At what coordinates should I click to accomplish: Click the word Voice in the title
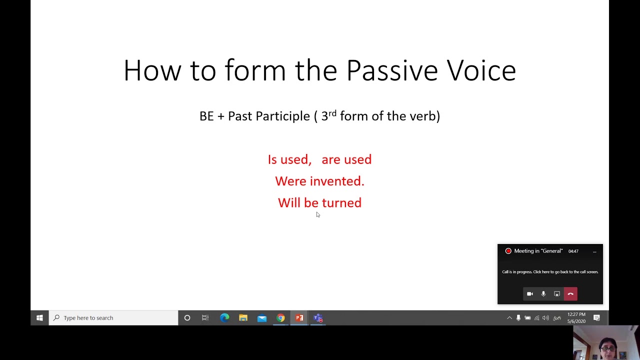pos(481,70)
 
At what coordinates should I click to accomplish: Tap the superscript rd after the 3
pos(332,113)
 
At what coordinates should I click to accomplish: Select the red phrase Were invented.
pos(319,181)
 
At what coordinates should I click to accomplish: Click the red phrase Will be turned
pos(319,202)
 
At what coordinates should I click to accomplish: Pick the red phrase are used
pos(346,159)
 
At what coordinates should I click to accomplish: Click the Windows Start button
pos(39,318)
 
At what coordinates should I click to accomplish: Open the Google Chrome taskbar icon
pos(280,318)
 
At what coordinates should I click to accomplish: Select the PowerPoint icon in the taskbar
pos(299,318)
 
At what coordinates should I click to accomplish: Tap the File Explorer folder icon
pos(243,318)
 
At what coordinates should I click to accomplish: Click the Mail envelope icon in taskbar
pos(262,318)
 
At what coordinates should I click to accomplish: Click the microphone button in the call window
pos(543,294)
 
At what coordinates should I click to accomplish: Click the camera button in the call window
pos(530,294)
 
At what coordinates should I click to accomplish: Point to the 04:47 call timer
pos(573,251)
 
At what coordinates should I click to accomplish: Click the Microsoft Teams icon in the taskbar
pos(318,318)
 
